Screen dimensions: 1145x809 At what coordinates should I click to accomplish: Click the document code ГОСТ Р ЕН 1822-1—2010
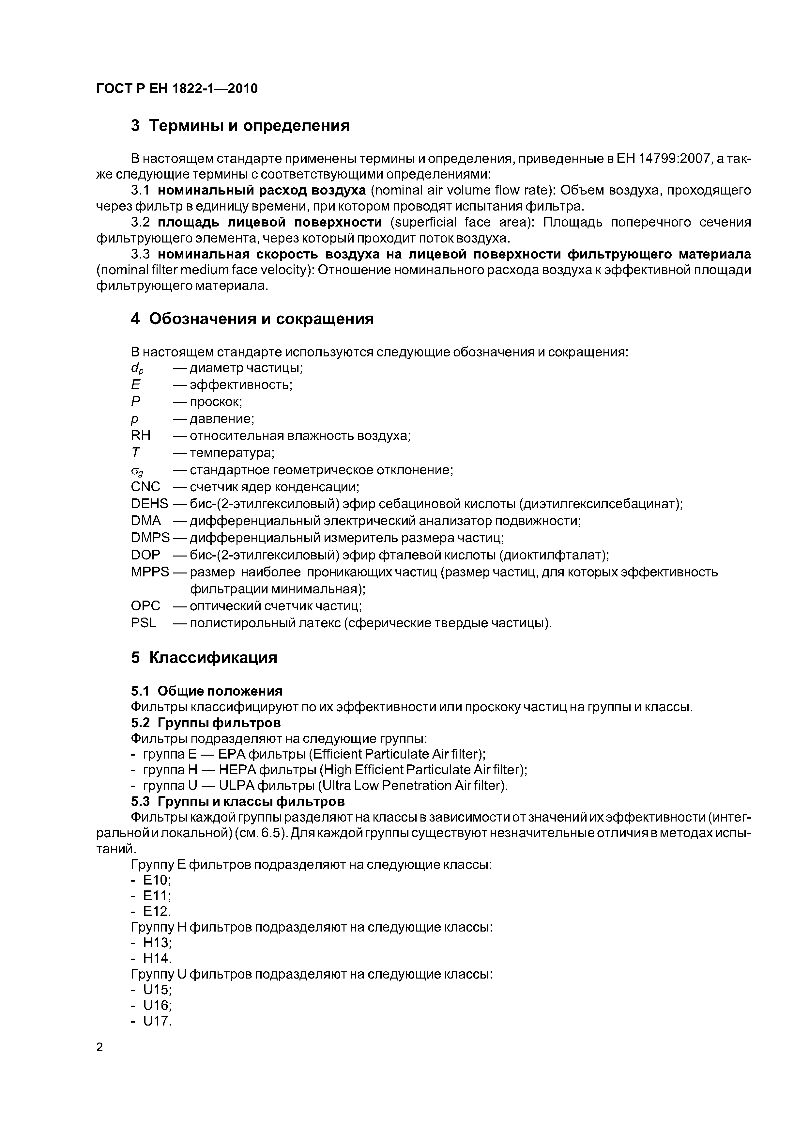click(177, 89)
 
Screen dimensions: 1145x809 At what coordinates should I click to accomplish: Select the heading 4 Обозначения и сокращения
click(252, 319)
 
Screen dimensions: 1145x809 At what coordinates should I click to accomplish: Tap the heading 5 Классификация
click(204, 658)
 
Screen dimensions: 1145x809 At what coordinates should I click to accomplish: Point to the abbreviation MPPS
click(149, 572)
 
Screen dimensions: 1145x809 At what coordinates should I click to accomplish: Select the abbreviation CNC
click(145, 487)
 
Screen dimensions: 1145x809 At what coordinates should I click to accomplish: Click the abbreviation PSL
click(144, 623)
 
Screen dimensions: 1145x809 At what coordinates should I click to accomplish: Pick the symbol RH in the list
click(141, 435)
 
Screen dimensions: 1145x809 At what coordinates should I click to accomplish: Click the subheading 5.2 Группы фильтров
click(206, 722)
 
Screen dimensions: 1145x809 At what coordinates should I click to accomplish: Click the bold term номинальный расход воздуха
click(262, 191)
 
